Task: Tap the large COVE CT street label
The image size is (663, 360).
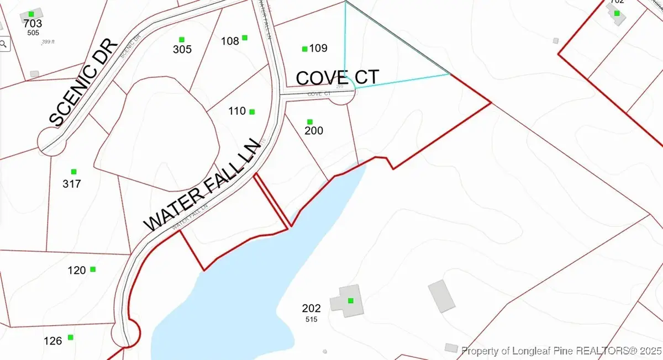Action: (338, 77)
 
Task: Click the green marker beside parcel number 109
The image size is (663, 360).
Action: (304, 49)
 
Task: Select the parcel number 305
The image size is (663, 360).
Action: (182, 50)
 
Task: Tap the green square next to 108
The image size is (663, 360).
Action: (245, 38)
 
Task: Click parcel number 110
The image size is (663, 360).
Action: (236, 111)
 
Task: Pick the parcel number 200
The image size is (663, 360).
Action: (314, 131)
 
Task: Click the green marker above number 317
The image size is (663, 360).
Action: (73, 172)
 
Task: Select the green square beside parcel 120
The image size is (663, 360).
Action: (93, 269)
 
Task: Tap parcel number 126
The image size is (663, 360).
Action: (53, 341)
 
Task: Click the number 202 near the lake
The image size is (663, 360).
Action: (312, 308)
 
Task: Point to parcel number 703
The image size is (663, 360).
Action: (33, 24)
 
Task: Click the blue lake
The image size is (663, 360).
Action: (238, 298)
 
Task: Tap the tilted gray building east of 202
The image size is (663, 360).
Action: (441, 296)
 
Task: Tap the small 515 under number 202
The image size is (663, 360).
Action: (311, 319)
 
